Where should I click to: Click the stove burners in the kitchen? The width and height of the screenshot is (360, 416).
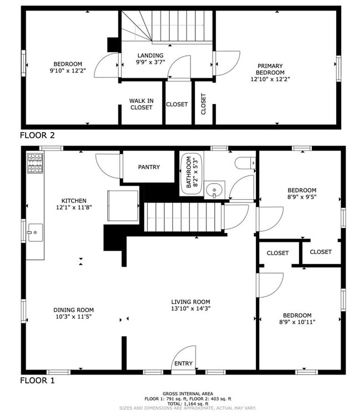pos(35,163)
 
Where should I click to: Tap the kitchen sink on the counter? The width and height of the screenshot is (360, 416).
pos(34,232)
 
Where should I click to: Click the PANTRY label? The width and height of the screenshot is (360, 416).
pos(149,167)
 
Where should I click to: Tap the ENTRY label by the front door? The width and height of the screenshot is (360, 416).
pos(183,363)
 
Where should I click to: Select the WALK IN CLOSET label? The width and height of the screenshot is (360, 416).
pos(141,104)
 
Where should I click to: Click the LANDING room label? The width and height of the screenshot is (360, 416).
pos(151,55)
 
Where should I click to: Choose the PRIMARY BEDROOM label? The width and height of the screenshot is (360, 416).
pos(270,69)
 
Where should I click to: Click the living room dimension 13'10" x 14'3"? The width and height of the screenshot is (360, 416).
pos(191,308)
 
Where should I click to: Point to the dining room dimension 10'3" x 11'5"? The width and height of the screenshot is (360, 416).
pos(74,317)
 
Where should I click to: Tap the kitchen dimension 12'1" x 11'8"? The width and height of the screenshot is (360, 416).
pos(74,208)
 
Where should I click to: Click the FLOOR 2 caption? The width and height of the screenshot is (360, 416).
pos(37,134)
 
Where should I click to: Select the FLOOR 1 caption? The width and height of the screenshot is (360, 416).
pos(37,381)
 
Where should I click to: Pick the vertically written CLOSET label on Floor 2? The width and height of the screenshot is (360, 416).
pos(203,104)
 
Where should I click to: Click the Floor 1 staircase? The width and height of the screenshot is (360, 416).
pos(183,217)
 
